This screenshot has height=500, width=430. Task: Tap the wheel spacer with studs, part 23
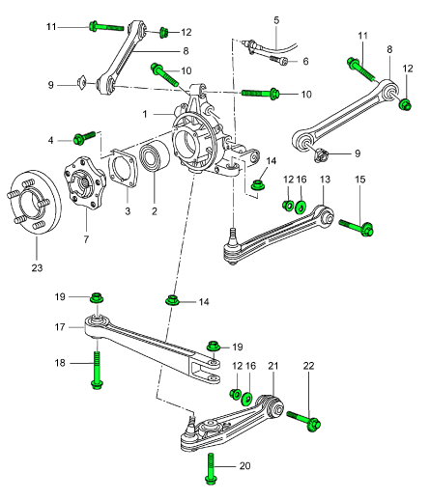click(33, 204)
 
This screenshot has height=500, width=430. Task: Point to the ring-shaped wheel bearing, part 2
click(155, 160)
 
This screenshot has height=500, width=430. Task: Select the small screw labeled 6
click(282, 61)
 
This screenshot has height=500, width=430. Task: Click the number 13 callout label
click(325, 180)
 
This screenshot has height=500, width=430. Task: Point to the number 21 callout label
click(272, 367)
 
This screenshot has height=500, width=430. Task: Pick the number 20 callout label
click(244, 466)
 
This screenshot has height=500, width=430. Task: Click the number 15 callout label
click(359, 180)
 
